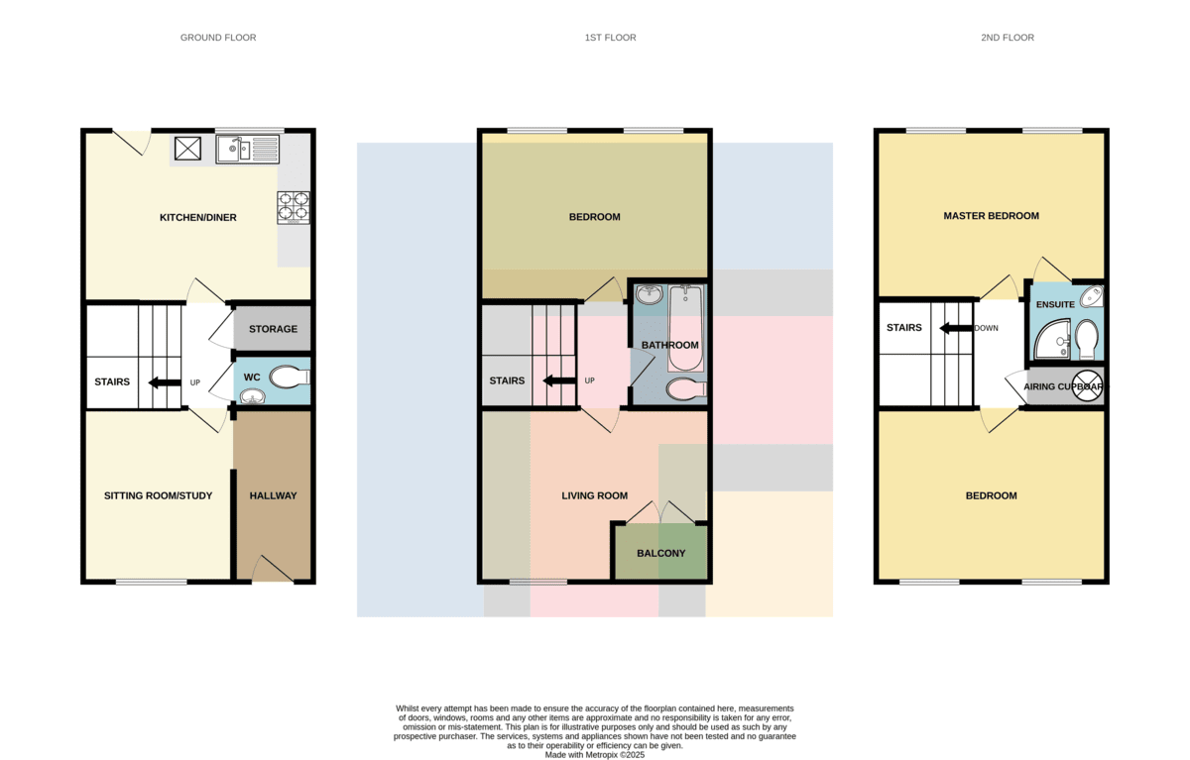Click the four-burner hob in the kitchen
pyautogui.click(x=294, y=207)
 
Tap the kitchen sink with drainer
pyautogui.click(x=248, y=150)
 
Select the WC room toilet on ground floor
pyautogui.click(x=290, y=378)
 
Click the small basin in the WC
pyautogui.click(x=252, y=396)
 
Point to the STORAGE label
pyautogui.click(x=273, y=329)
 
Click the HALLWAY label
pyautogui.click(x=273, y=495)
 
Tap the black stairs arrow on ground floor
pyautogui.click(x=165, y=382)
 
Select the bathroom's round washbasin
pyautogui.click(x=650, y=294)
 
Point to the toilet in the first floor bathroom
pyautogui.click(x=686, y=389)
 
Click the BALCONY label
pyautogui.click(x=660, y=554)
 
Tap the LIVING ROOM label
pyautogui.click(x=594, y=495)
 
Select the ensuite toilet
pyautogui.click(x=1087, y=339)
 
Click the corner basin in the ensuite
pyautogui.click(x=1092, y=296)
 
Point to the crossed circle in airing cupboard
pyautogui.click(x=1088, y=385)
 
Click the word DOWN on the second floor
pyautogui.click(x=986, y=328)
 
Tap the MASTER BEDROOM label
pyautogui.click(x=992, y=216)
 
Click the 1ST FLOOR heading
pyautogui.click(x=611, y=38)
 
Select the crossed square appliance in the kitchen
pyautogui.click(x=188, y=148)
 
